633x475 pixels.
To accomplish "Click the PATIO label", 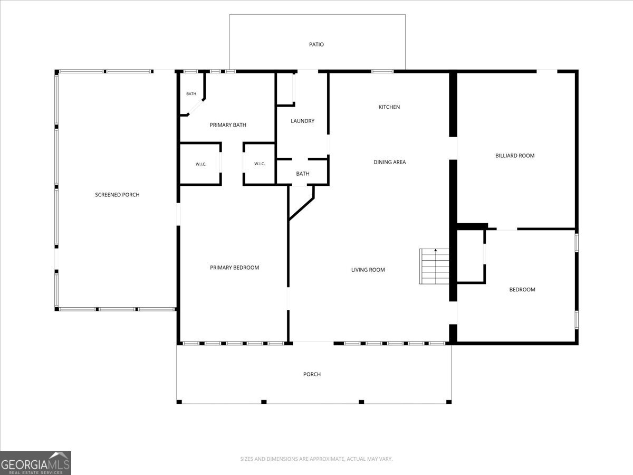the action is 316,44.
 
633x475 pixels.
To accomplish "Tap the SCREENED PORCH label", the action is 118,195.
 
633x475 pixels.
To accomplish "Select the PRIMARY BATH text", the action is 228,125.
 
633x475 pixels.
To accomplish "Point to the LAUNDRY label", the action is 302,121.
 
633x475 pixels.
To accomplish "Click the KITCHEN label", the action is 389,107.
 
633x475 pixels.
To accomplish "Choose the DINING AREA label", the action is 390,162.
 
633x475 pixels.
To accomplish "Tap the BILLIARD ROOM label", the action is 515,156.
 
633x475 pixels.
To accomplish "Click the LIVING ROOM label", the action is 368,270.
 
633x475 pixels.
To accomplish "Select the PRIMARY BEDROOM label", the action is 234,268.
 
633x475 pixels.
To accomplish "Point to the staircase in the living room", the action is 434,267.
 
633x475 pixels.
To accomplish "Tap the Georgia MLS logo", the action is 35,463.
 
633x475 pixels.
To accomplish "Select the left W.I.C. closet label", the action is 201,164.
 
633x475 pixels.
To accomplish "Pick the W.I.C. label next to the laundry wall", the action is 260,164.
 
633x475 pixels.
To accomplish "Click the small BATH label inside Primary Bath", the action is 191,94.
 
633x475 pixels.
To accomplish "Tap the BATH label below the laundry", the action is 303,174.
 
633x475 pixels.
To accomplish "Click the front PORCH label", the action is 312,374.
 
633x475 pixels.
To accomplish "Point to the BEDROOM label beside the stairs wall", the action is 522,290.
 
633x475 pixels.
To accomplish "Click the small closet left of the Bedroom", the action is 471,256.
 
